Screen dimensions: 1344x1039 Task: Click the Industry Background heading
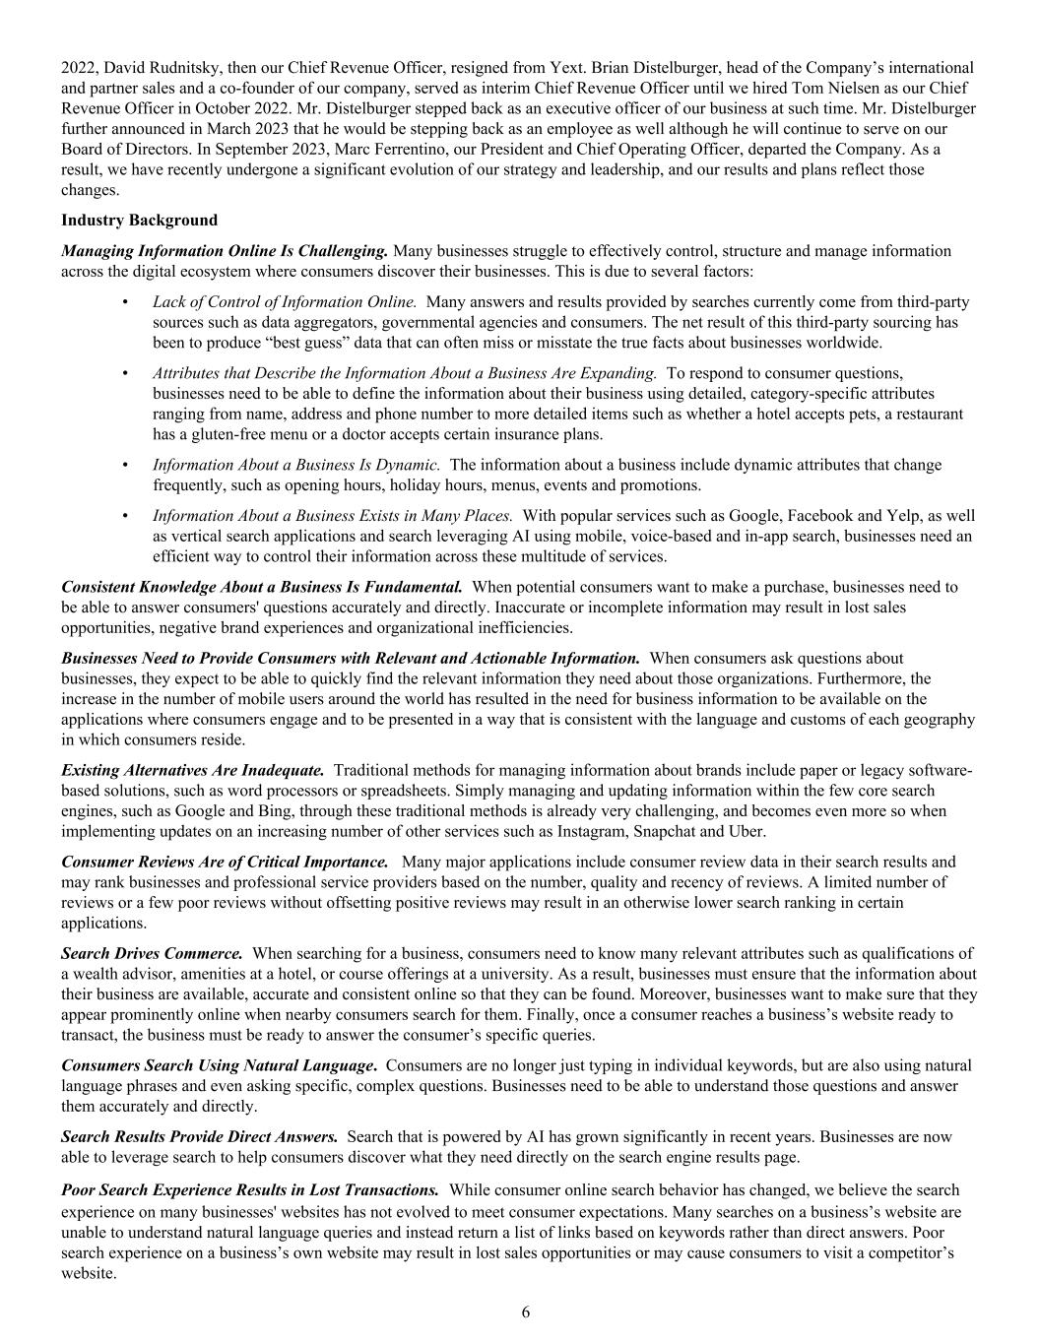(139, 220)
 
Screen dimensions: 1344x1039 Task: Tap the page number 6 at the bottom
(526, 1312)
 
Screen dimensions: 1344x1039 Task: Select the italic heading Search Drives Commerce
(152, 953)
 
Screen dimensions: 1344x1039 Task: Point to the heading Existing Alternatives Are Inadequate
(193, 769)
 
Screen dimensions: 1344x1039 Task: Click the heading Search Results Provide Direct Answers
(199, 1136)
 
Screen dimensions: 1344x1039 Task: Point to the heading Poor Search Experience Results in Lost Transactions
(250, 1189)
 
